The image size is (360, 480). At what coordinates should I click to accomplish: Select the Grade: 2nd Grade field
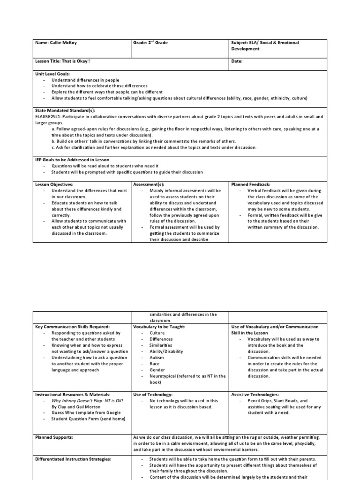(x=150, y=43)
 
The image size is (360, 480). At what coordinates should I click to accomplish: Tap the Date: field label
(x=237, y=61)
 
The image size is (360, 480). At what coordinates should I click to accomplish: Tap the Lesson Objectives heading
(x=54, y=185)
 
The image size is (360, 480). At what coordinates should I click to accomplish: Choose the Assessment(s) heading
(x=149, y=185)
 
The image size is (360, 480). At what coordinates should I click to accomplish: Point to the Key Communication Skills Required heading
(x=73, y=327)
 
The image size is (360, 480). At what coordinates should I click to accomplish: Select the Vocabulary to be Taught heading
(x=159, y=327)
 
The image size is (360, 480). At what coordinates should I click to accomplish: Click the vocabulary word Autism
(x=157, y=357)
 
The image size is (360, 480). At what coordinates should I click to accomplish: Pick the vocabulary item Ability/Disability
(x=166, y=351)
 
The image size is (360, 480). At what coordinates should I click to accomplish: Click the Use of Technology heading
(x=153, y=395)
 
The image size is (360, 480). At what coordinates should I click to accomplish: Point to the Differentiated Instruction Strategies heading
(x=73, y=459)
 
